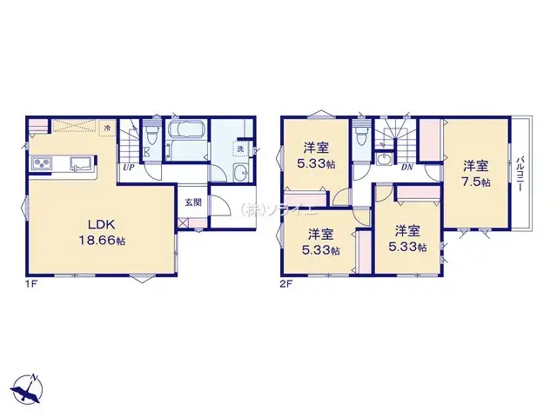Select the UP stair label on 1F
coord(128,167)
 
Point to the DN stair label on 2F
coord(406,167)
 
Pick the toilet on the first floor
coord(151,138)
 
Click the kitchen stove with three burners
coord(42,163)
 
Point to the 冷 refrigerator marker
coord(106,129)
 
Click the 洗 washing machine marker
coord(239,149)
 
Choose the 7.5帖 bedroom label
coord(475,173)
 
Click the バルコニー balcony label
coord(519,174)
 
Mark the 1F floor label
coord(31,283)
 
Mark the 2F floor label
coord(286,283)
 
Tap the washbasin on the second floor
coord(383,159)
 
